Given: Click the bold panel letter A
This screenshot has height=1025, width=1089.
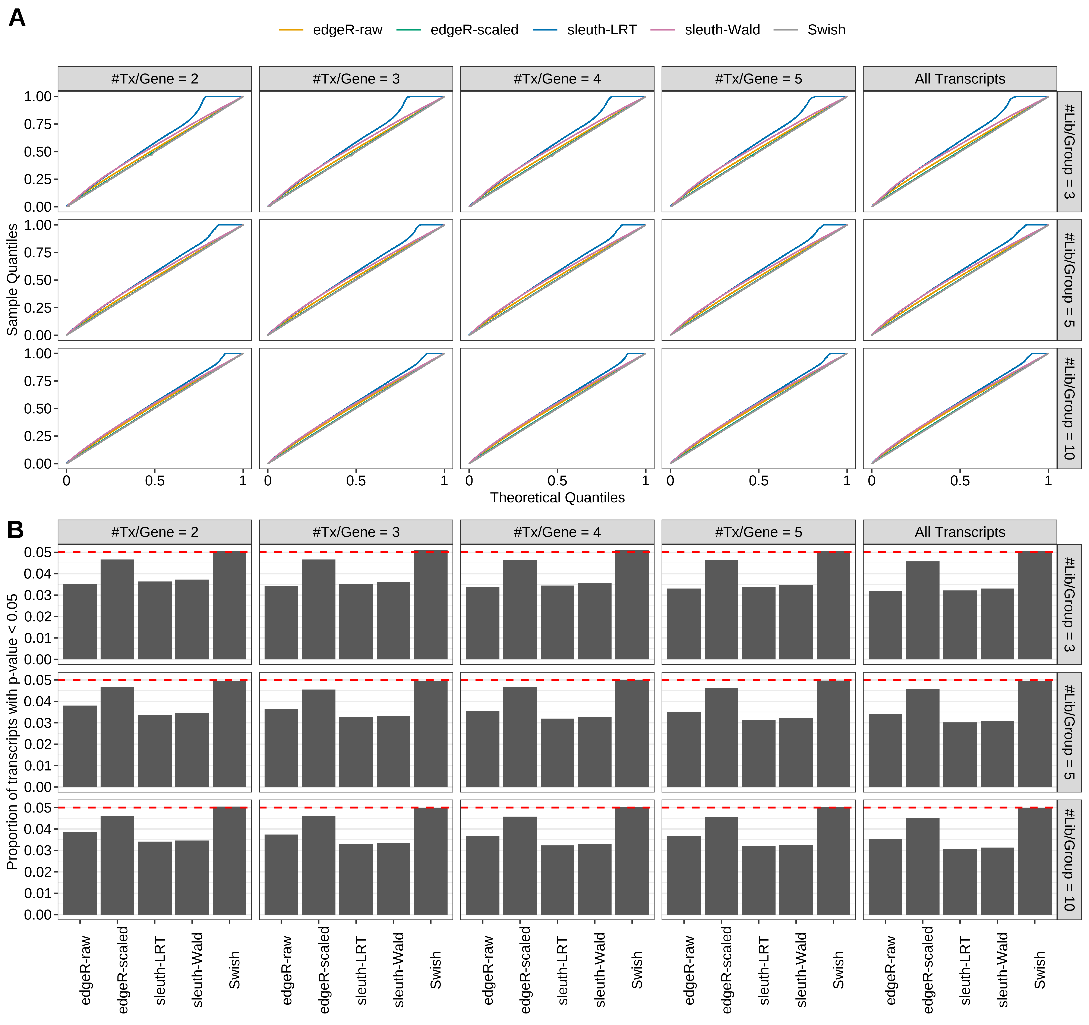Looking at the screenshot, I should tap(17, 18).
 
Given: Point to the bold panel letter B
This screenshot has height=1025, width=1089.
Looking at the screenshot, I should tap(15, 530).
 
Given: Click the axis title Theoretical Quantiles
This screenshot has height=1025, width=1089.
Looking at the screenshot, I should tap(557, 497).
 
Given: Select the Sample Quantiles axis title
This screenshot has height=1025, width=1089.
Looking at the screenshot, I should tap(12, 279).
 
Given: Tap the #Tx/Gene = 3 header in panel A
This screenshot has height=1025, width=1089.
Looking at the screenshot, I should tap(356, 79).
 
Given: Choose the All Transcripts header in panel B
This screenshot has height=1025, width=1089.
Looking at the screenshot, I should tap(960, 532).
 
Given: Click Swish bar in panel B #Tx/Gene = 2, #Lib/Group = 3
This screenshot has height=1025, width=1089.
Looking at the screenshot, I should tap(230, 605).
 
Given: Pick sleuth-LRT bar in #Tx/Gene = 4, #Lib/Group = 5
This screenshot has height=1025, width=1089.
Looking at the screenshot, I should tap(557, 753).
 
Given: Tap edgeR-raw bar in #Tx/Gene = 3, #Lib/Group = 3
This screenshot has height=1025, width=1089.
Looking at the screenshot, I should tap(282, 622).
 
